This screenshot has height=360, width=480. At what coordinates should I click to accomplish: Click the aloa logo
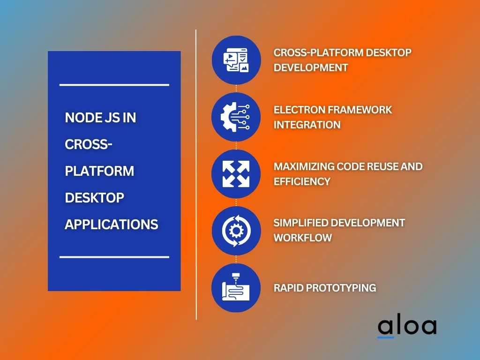(407, 327)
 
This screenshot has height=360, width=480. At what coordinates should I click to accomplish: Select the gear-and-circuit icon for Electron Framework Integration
(235, 117)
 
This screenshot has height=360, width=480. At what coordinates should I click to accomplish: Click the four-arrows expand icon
(236, 174)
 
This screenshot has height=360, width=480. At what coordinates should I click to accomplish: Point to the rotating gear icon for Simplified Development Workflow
(236, 231)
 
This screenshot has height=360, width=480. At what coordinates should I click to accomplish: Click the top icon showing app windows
(236, 60)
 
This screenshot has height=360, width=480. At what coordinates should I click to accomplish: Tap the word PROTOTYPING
(341, 288)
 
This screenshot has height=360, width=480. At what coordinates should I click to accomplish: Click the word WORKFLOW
(303, 238)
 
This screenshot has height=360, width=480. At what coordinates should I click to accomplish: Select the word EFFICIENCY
(302, 181)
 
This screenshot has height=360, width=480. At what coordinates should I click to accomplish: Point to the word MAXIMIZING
(304, 166)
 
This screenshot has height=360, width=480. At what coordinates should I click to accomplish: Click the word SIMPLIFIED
(302, 223)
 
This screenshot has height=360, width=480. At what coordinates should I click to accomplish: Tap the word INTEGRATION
(307, 125)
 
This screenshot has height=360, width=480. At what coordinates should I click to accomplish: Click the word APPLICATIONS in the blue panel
(112, 225)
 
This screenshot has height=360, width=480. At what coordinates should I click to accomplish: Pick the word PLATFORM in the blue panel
(99, 171)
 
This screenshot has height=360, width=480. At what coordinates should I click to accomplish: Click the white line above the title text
(114, 85)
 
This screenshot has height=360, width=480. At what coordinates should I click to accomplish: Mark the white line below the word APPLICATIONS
(114, 257)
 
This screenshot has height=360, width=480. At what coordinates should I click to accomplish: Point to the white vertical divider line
(196, 174)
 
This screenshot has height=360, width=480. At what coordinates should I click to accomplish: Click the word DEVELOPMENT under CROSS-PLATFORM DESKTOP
(311, 67)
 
